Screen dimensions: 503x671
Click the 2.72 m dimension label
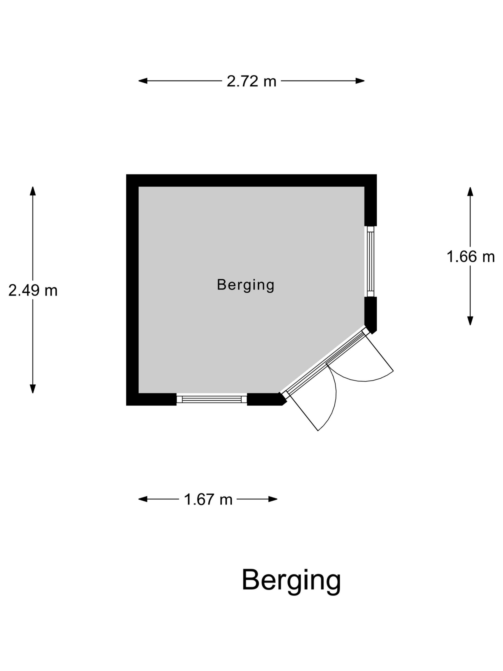[x=251, y=81]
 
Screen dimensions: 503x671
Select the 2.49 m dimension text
[x=33, y=290]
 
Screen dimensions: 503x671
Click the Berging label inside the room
[x=246, y=285]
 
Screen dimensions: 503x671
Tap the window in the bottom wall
[x=212, y=399]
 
